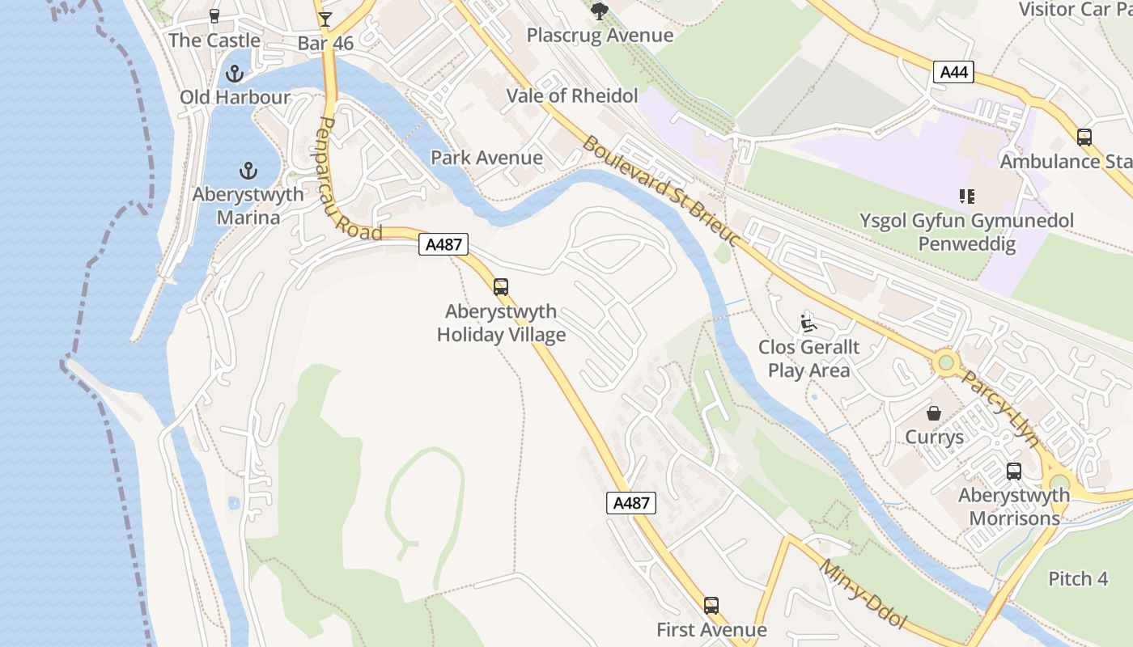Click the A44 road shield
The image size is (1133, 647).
954,72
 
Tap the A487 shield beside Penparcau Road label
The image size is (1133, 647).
443,244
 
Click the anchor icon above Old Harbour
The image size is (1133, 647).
234,74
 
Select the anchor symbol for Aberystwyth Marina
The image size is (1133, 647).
248,171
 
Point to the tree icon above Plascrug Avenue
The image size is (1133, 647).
599,11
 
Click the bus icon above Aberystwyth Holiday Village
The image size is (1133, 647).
501,287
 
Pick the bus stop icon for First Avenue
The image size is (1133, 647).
711,605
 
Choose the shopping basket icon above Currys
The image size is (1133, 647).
934,413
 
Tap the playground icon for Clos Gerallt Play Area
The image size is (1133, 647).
808,323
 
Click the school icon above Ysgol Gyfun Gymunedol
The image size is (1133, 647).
966,196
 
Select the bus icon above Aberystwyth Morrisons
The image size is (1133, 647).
1013,471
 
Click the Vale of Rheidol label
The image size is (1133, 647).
572,95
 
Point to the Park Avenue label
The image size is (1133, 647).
486,157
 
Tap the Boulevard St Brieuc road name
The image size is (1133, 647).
660,192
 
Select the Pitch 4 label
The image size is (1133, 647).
1078,579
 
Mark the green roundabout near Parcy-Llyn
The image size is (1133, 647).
945,362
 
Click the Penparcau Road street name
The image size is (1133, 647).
350,178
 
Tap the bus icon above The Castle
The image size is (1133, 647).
214,15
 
